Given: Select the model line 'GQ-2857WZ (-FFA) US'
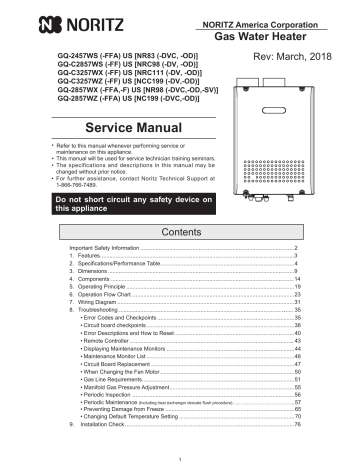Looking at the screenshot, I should click(x=85, y=99).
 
